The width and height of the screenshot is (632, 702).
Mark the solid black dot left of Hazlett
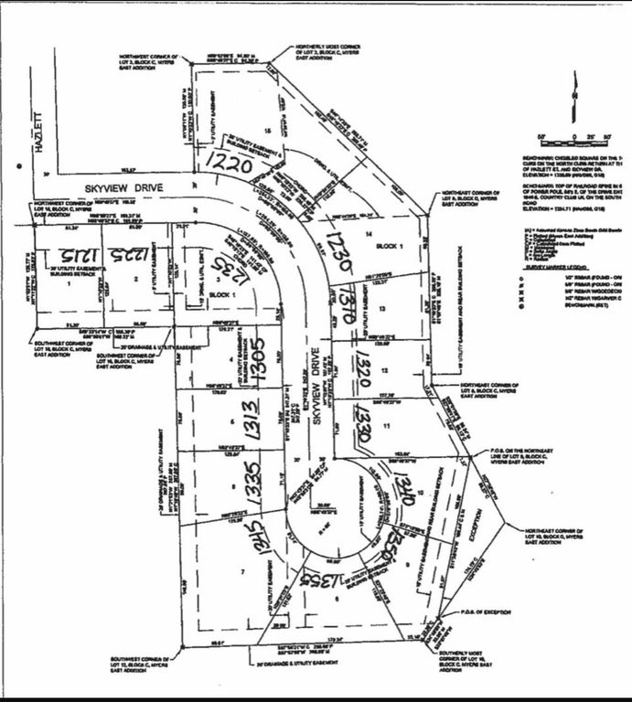coord(20,166)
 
